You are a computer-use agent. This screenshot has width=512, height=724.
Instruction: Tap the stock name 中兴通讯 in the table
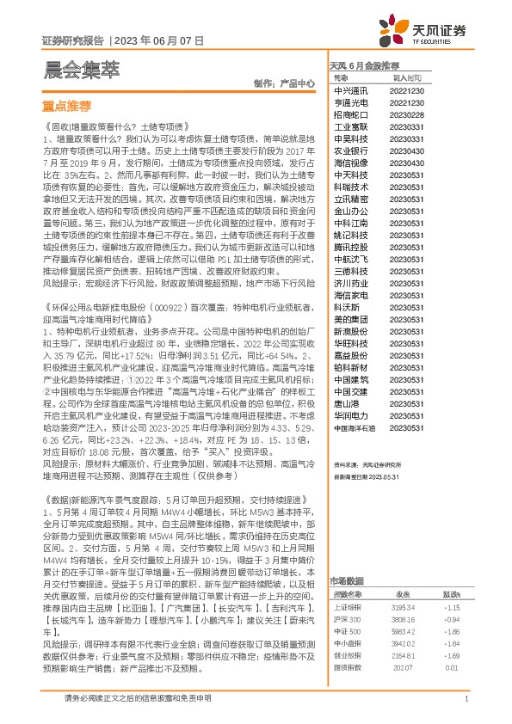(351, 89)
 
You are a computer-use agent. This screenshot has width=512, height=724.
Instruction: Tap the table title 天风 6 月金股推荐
(365, 65)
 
